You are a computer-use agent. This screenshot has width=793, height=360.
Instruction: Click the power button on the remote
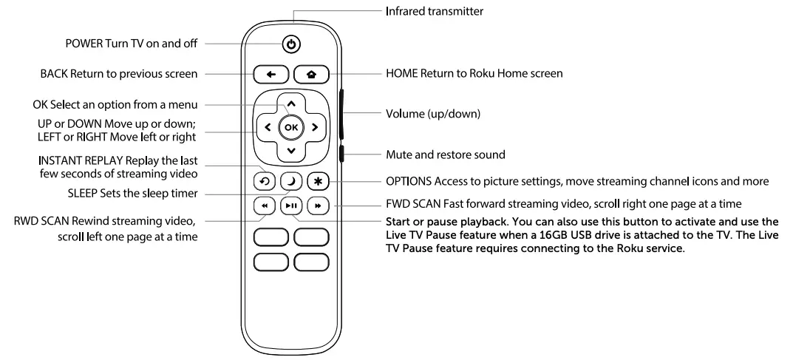pos(291,44)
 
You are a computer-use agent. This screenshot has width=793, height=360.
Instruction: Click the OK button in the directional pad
pos(290,127)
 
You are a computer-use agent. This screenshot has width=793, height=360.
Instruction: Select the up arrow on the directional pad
pos(290,103)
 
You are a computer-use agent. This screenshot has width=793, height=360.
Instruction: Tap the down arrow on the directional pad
pos(290,152)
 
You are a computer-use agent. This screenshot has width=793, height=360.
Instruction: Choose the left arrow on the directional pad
pos(266,127)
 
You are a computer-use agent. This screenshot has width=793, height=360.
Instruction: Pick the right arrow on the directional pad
pos(315,127)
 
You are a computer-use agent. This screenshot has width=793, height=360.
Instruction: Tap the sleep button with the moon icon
pos(290,181)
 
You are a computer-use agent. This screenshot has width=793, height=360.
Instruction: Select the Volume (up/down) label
pos(433,115)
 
